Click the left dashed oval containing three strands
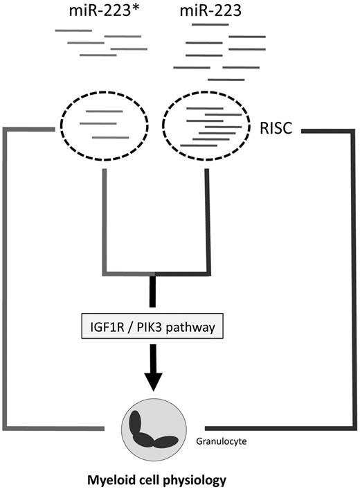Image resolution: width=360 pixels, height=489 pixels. coord(104,125)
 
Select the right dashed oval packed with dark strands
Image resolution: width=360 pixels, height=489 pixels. coord(208,125)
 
